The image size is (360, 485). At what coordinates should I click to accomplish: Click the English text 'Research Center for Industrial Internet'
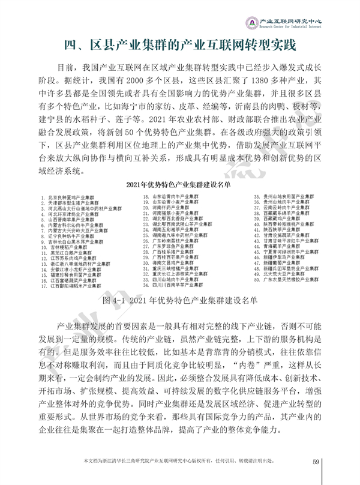pyautogui.click(x=293, y=27)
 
